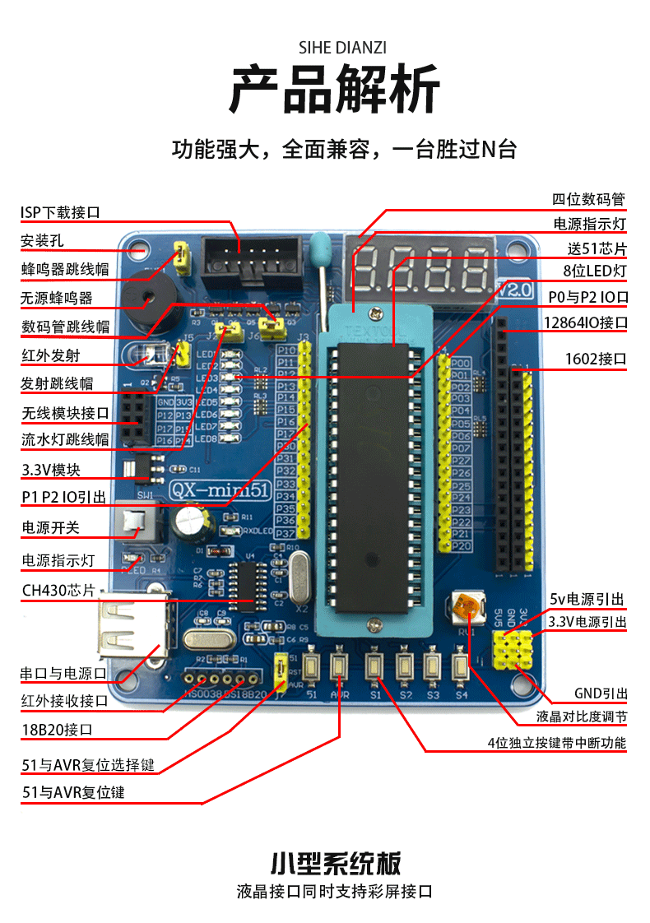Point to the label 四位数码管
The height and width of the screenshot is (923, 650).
point(589,199)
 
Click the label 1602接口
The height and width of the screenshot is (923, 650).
point(597,359)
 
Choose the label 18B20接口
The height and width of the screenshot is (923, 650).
point(57,730)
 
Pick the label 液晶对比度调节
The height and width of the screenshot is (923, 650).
point(582,717)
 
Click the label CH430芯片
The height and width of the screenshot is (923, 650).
point(58,591)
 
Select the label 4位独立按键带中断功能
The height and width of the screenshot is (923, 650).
point(556,744)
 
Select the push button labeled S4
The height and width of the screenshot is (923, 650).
point(460,666)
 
